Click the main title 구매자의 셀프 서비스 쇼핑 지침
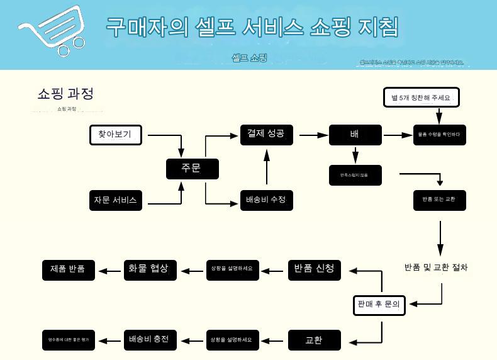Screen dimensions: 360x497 pyautogui.click(x=252, y=27)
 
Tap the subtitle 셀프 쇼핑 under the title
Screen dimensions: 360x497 pyautogui.click(x=250, y=58)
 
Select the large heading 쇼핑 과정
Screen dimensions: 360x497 pyautogui.click(x=65, y=94)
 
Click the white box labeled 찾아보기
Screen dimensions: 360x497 pyautogui.click(x=115, y=135)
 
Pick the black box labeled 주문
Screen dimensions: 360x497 pyautogui.click(x=192, y=169)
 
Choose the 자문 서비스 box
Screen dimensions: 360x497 pyautogui.click(x=115, y=201)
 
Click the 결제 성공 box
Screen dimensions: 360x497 pyautogui.click(x=266, y=134)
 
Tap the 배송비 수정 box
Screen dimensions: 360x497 pyautogui.click(x=266, y=200)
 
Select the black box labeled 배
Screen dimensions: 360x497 pyautogui.click(x=355, y=135)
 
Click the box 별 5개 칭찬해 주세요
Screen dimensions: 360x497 pyautogui.click(x=421, y=98)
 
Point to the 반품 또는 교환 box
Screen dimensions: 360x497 pyautogui.click(x=439, y=200)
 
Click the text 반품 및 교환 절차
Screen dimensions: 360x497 pyautogui.click(x=436, y=267)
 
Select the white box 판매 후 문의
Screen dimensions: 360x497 pyautogui.click(x=379, y=305)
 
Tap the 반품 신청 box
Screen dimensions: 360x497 pyautogui.click(x=314, y=269)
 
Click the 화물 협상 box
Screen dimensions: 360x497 pyautogui.click(x=149, y=269)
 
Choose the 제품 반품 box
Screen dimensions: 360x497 pyautogui.click(x=68, y=270)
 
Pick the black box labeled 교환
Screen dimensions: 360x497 pyautogui.click(x=314, y=340)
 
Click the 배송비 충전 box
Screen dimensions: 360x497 pyautogui.click(x=149, y=340)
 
